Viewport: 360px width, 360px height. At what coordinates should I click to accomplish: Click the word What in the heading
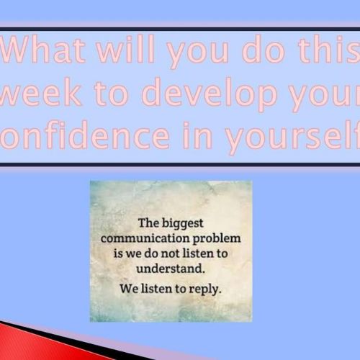point(43,50)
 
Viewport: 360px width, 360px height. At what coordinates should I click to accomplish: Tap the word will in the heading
point(125,49)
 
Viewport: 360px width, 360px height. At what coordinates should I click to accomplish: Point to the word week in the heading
point(40,92)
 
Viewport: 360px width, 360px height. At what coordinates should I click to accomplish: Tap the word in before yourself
point(197,135)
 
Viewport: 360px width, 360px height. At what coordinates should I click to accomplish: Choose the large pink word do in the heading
point(264,49)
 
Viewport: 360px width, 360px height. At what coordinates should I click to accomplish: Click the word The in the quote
point(148,223)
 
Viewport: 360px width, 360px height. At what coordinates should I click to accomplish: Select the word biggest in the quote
point(183,224)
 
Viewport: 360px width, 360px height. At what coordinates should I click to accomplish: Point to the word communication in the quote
point(145,238)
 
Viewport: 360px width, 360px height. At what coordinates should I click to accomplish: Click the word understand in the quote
point(171,269)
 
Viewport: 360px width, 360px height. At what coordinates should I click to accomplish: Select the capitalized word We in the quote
point(129,289)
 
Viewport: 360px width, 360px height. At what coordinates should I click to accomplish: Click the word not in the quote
point(170,254)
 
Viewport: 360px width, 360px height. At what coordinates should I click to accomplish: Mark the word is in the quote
point(118,253)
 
